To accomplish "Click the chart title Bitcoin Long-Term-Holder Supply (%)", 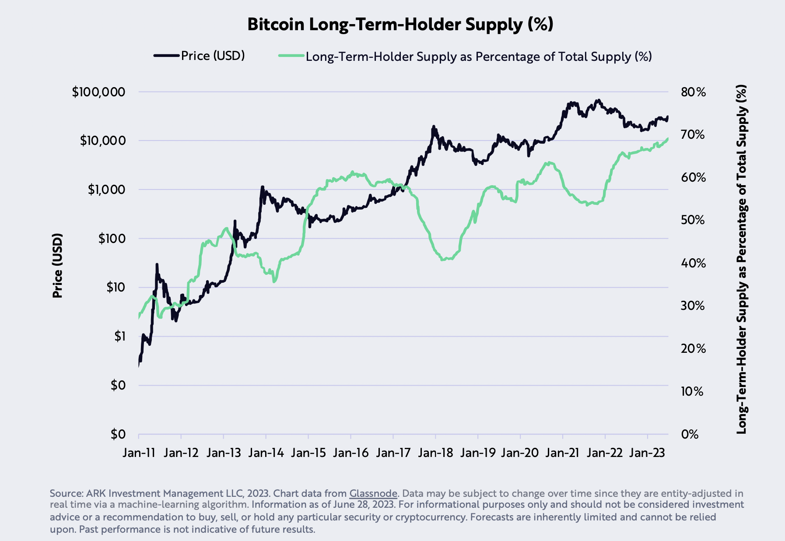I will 400,25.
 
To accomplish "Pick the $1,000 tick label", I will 106,190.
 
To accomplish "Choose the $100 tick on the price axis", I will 112,239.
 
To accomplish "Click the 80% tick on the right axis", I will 693,92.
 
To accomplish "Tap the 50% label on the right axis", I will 693,220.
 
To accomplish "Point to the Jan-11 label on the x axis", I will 139,453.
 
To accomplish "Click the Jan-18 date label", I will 435,453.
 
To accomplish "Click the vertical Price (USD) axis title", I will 57,266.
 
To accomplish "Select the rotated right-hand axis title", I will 741,259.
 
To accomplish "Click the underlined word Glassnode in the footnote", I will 373,494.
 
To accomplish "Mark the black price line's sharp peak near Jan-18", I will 434,126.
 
